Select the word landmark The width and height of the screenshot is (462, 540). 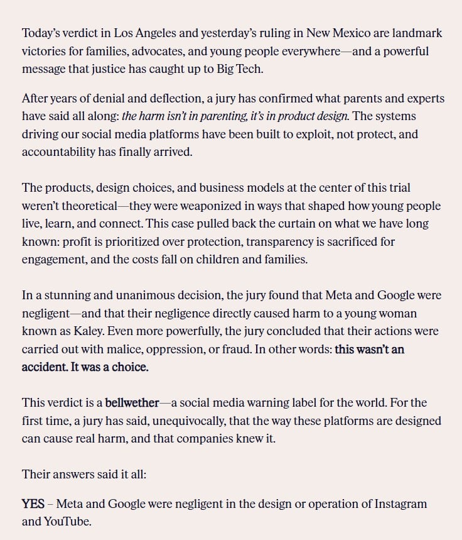tap(417, 33)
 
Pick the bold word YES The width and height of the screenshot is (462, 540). tap(33, 504)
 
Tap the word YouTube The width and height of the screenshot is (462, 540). tap(67, 522)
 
